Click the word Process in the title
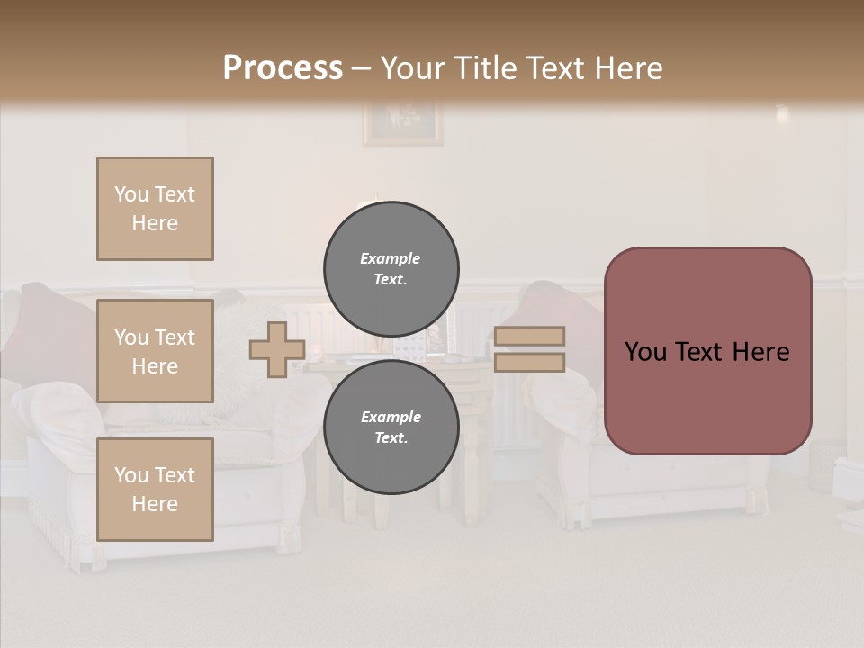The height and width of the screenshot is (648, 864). point(283,68)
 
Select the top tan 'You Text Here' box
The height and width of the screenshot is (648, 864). point(155,209)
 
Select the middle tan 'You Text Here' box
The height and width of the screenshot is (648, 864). point(155,351)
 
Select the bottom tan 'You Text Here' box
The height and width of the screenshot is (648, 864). point(155,490)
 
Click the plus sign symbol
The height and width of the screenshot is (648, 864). point(276,350)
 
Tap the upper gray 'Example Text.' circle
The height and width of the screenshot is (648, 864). point(391,269)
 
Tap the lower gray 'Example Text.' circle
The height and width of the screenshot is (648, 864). point(391,427)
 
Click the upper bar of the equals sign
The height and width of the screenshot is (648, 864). point(529,337)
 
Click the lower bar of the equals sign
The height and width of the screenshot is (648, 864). point(529,362)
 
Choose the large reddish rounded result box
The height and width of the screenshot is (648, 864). point(707,351)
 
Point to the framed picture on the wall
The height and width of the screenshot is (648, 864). point(402,122)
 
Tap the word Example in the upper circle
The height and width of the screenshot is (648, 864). point(390,258)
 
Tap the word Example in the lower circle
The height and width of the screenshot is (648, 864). point(391,417)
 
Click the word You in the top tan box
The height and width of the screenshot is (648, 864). point(130,194)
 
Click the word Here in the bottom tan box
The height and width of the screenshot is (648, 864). point(155,504)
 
